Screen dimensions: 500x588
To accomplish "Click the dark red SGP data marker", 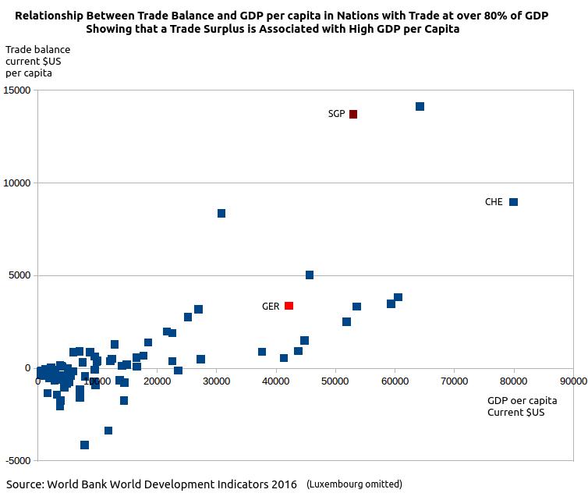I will point(353,114).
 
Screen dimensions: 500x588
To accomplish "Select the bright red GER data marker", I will point(289,306).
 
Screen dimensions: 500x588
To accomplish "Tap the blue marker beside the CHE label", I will point(513,202).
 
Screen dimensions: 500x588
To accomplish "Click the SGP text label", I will point(336,114).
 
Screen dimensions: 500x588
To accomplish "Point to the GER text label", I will point(271,307).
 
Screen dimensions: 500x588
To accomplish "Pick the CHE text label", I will point(494,202).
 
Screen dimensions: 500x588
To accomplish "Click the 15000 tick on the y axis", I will point(18,90).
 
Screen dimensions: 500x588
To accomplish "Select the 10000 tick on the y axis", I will point(18,183).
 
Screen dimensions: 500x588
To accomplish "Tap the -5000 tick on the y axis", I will point(18,460).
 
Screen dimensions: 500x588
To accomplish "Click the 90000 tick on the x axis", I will point(573,381).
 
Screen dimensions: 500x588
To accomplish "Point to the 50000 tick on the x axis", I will point(335,381).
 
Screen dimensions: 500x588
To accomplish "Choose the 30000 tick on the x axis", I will point(216,381).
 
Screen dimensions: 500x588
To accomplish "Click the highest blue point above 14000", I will point(420,106).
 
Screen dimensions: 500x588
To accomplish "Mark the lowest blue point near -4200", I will point(84,445).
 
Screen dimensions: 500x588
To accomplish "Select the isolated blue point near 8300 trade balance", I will point(221,213).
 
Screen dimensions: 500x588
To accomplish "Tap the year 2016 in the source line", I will point(282,484).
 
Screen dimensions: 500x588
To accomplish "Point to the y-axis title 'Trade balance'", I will point(37,50).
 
